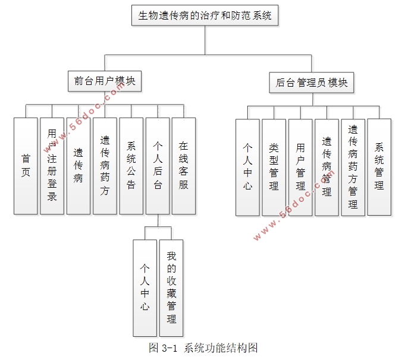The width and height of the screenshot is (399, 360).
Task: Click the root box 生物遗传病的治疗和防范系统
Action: click(205, 15)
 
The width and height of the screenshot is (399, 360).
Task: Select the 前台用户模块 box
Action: click(105, 81)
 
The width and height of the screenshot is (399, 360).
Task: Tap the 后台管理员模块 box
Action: click(312, 82)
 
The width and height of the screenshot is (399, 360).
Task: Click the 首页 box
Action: click(26, 165)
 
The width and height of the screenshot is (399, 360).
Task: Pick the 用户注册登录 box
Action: click(52, 165)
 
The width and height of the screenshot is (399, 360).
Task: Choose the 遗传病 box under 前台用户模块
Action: click(78, 165)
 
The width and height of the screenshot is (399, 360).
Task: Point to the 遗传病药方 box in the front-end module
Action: click(105, 165)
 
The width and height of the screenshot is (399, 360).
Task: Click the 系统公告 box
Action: click(131, 165)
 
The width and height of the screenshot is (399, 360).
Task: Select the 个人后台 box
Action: click(158, 165)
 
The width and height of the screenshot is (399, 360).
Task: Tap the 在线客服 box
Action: click(184, 165)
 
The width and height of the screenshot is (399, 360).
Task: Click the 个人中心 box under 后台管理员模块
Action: click(247, 167)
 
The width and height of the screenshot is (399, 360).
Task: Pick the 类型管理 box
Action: click(274, 167)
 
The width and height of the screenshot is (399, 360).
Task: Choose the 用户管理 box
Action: click(300, 167)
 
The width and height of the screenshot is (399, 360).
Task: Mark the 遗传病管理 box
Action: click(326, 167)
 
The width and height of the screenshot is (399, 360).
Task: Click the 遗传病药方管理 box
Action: click(353, 167)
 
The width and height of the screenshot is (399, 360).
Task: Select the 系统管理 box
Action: click(379, 167)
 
